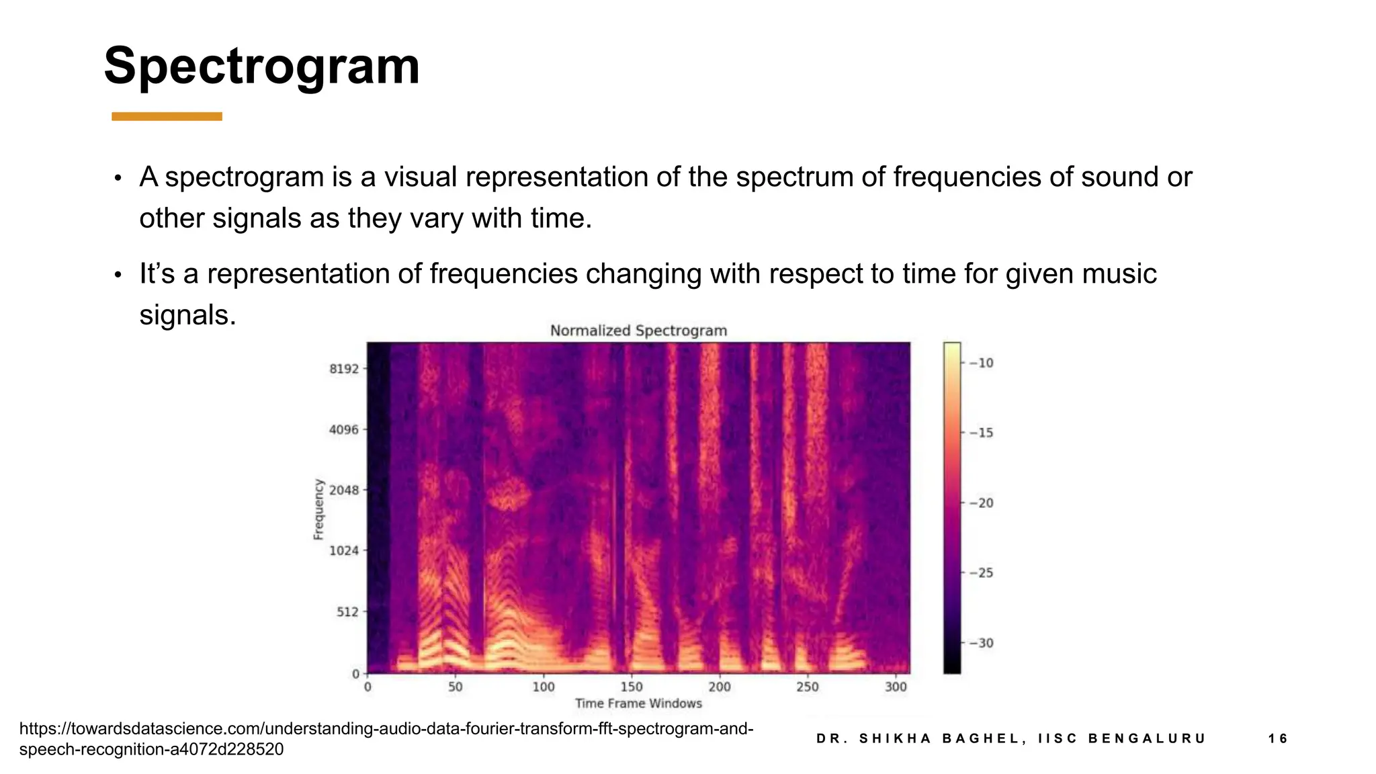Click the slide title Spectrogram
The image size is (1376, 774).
[261, 67]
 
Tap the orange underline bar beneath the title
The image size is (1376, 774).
[167, 117]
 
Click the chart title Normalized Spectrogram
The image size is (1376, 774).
[638, 331]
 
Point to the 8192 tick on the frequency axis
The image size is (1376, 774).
[344, 369]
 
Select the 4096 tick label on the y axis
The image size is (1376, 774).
[344, 429]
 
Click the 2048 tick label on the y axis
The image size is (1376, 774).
[344, 490]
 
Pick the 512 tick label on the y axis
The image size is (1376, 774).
[348, 611]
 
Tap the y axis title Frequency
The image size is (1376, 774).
[318, 509]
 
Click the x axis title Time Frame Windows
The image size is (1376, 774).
[638, 703]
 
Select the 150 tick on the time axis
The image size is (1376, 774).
[632, 687]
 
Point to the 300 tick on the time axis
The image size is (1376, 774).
[896, 687]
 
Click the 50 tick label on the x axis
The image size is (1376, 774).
[456, 687]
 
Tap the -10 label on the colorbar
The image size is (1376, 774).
[981, 363]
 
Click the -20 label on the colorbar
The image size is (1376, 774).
[981, 503]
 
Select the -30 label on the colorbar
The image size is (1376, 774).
[981, 643]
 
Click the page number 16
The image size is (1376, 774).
[1277, 739]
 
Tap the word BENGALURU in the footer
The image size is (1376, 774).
[1147, 739]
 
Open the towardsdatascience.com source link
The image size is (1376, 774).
[386, 738]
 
